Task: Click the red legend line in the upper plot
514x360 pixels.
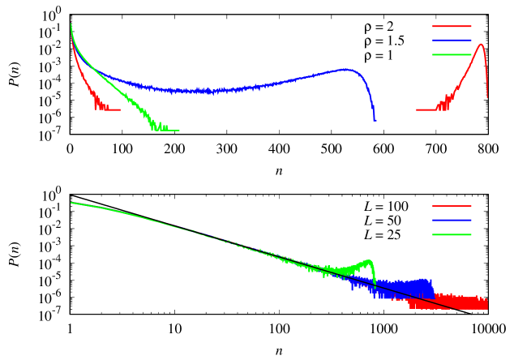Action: pos(452,26)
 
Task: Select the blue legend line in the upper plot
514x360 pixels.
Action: pos(452,40)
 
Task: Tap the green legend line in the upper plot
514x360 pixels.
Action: pos(452,54)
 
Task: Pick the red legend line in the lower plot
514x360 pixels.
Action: pos(452,206)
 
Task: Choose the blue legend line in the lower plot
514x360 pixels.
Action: pos(452,220)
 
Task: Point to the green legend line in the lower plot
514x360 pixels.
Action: pos(452,234)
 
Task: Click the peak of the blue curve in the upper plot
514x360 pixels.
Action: pos(345,69)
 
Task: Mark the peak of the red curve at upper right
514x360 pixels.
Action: pos(481,45)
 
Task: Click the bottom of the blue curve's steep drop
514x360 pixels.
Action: pos(375,120)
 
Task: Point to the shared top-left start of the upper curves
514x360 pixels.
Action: pos(71,24)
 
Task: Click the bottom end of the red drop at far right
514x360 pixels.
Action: pos(487,97)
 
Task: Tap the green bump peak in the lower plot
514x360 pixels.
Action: pos(369,261)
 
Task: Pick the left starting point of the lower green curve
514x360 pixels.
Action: pos(71,203)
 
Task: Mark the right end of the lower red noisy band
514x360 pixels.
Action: pos(487,303)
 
